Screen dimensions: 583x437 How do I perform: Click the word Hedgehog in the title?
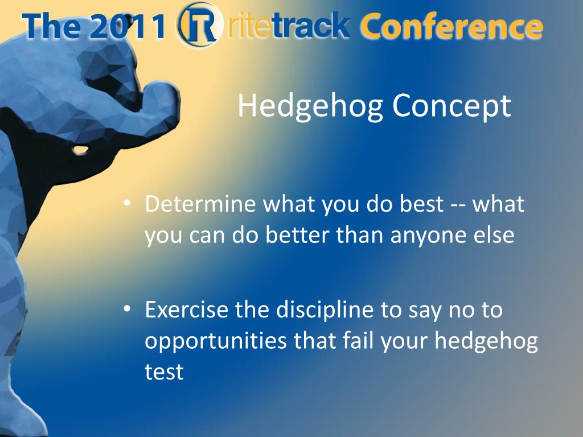(x=310, y=106)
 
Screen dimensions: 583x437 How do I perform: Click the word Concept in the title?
(x=451, y=106)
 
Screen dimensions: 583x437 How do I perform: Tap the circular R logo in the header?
(x=198, y=24)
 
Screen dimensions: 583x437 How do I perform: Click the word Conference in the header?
(x=451, y=26)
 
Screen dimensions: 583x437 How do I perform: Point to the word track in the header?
(x=311, y=25)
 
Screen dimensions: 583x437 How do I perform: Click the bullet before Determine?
(x=128, y=203)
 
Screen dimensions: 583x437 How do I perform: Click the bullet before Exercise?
(x=128, y=309)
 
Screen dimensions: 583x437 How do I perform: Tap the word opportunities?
(x=216, y=341)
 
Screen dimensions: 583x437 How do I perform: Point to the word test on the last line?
(x=164, y=372)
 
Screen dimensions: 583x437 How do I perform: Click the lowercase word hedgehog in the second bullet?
(x=486, y=341)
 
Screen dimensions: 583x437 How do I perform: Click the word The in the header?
(x=51, y=26)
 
